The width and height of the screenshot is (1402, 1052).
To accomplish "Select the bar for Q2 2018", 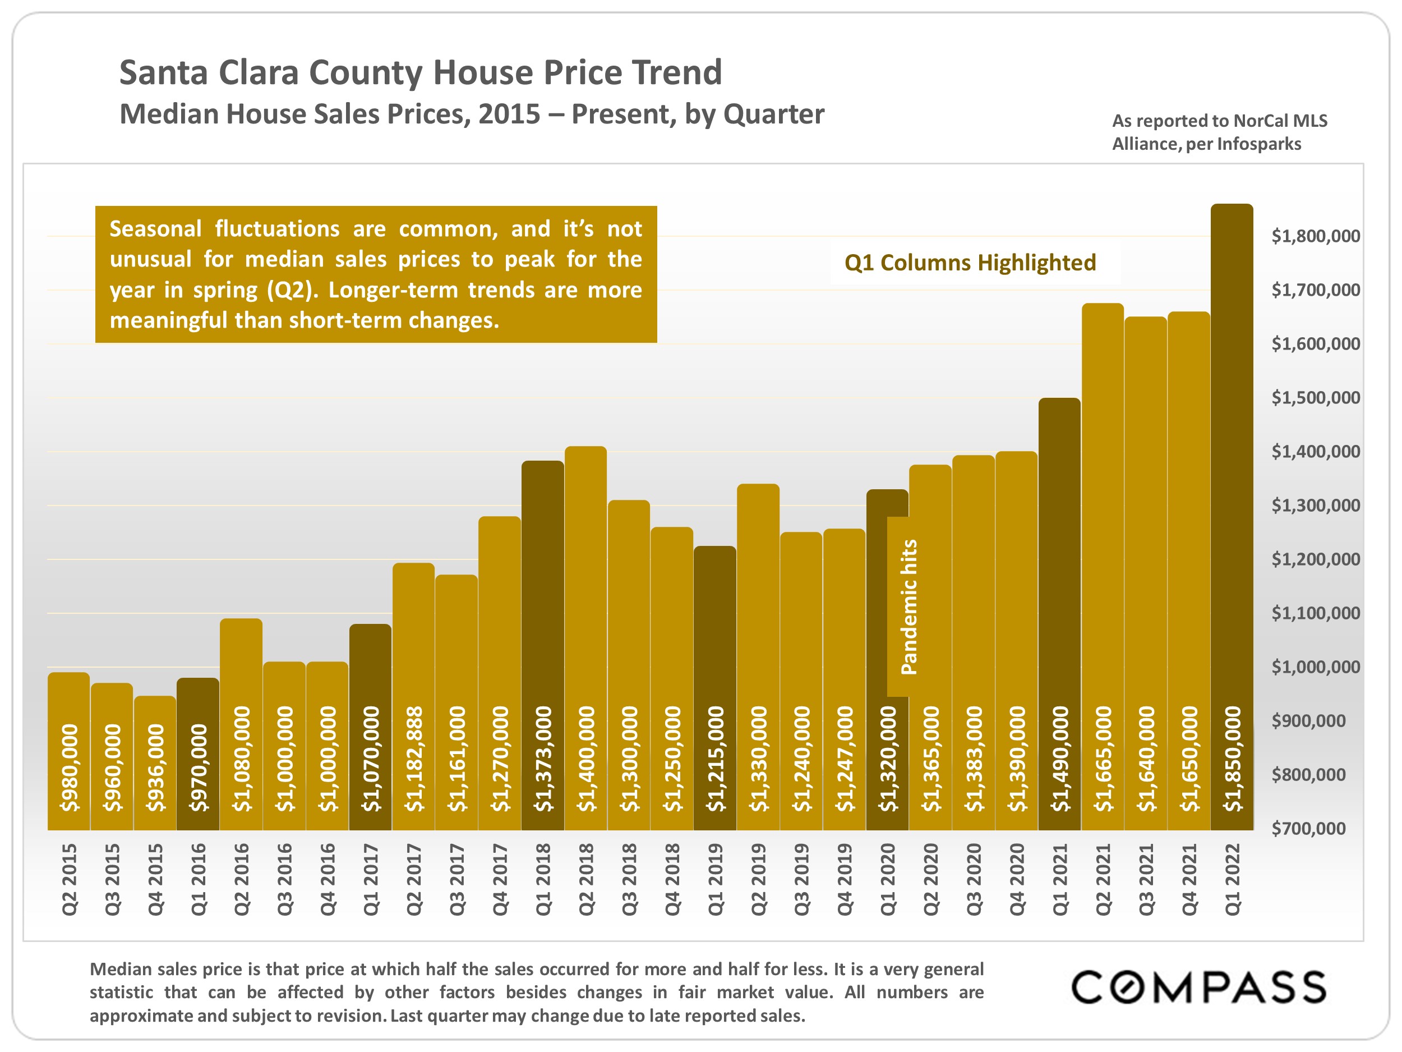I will tap(585, 571).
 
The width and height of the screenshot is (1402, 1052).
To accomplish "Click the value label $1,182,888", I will tap(414, 759).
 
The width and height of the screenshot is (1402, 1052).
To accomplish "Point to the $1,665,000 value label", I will tap(1104, 759).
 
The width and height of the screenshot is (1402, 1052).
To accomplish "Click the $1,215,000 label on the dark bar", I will tap(716, 759).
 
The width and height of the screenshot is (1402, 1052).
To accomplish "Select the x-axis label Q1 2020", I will tap(888, 879).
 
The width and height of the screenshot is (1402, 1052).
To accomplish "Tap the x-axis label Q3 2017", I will tap(457, 879).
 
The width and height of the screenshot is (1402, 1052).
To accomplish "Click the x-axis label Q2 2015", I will tap(69, 879).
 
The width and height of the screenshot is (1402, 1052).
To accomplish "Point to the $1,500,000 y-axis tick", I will tap(1315, 398).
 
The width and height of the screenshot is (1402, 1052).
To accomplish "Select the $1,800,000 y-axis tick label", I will tap(1315, 236).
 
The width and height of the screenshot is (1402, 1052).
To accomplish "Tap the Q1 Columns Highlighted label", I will tap(970, 263).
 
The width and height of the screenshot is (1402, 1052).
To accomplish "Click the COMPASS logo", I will tap(1198, 987).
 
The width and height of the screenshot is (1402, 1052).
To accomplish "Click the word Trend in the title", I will tap(676, 72).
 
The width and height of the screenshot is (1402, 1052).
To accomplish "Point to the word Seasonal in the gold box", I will tap(155, 228).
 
